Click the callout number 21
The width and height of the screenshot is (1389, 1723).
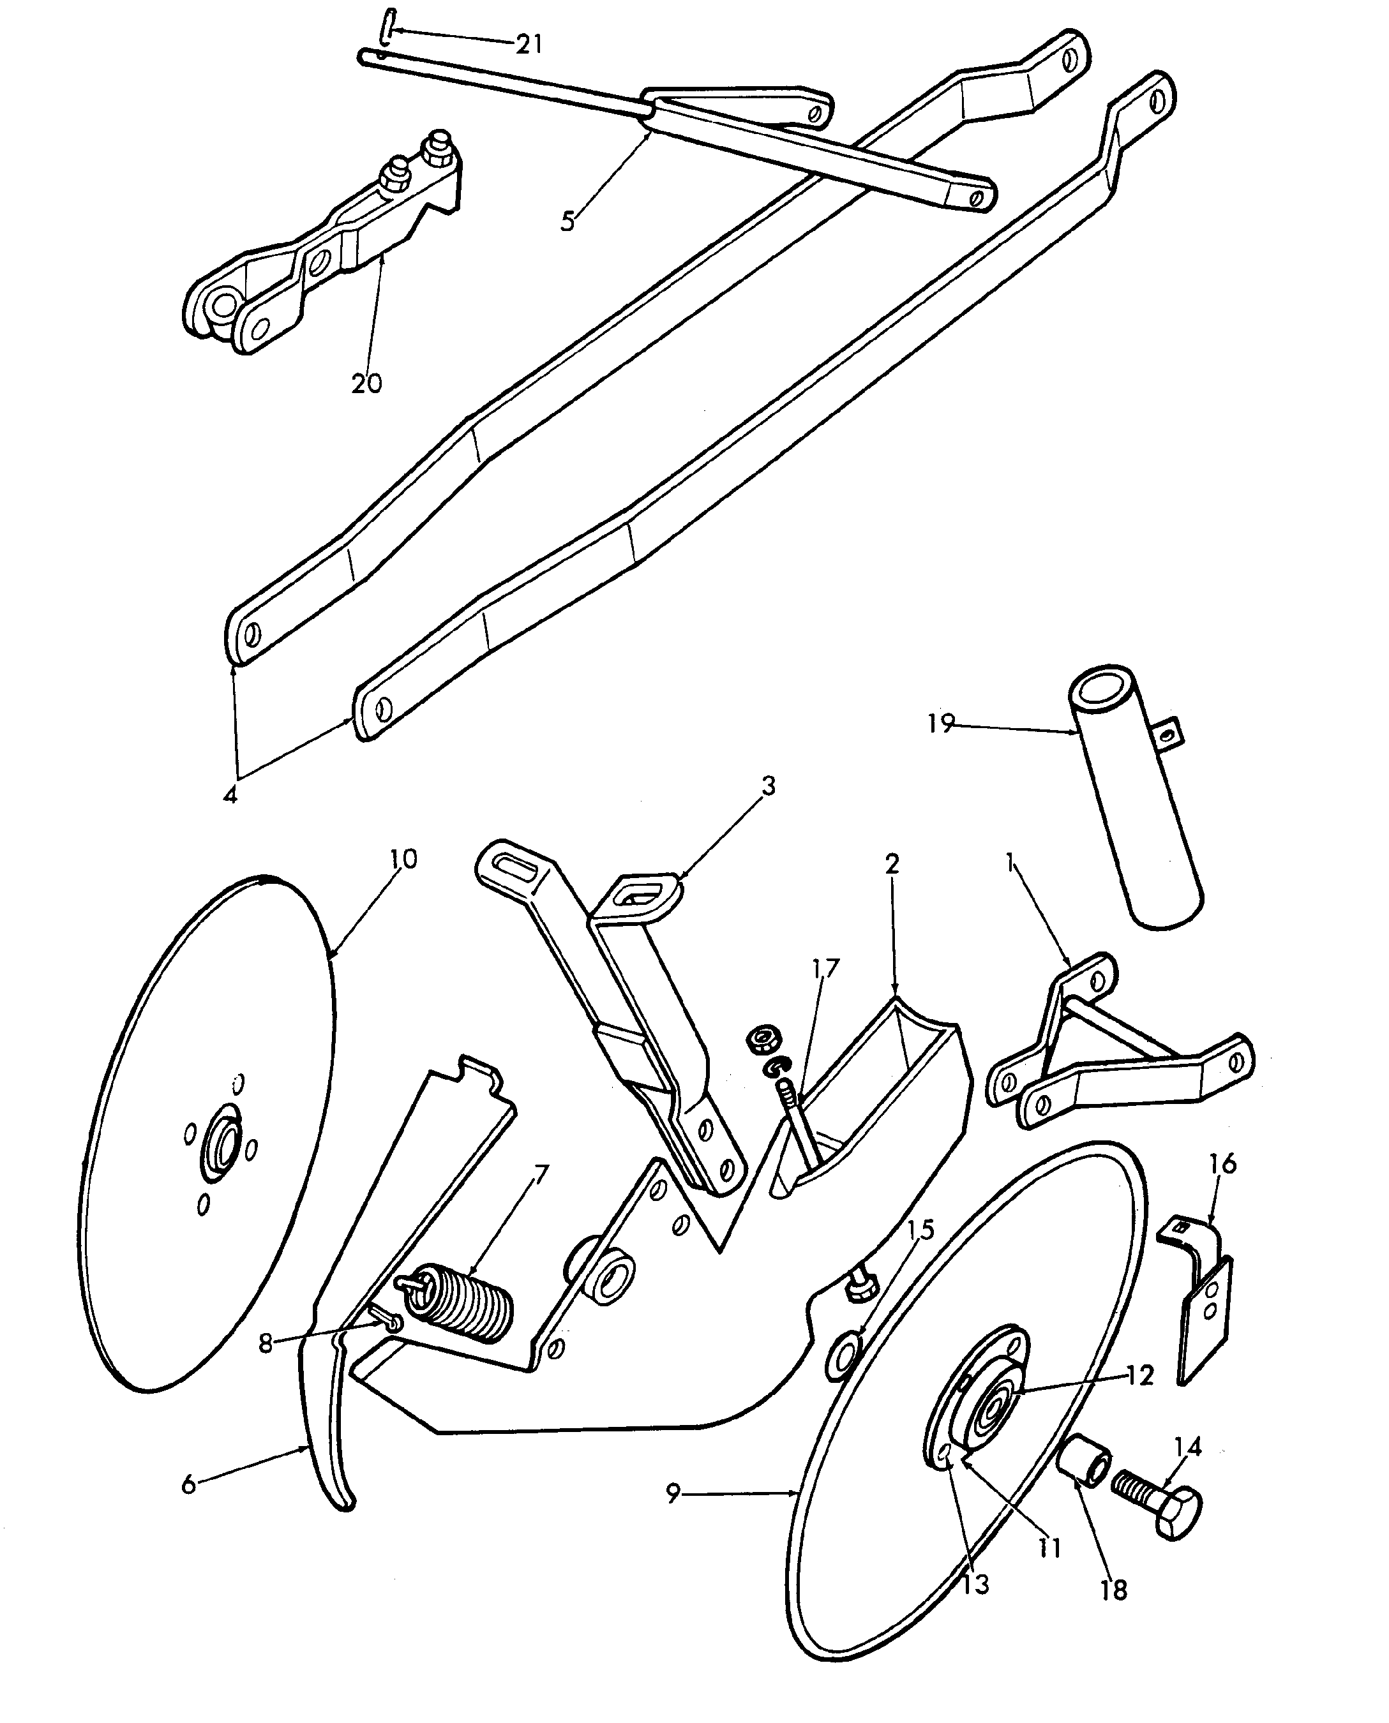click(x=529, y=44)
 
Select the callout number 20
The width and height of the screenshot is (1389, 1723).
click(x=366, y=384)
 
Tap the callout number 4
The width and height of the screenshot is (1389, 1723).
click(x=230, y=795)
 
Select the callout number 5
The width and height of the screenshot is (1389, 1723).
click(x=567, y=221)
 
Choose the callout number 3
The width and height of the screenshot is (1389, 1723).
click(x=768, y=786)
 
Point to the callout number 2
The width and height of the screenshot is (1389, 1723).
click(x=892, y=864)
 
